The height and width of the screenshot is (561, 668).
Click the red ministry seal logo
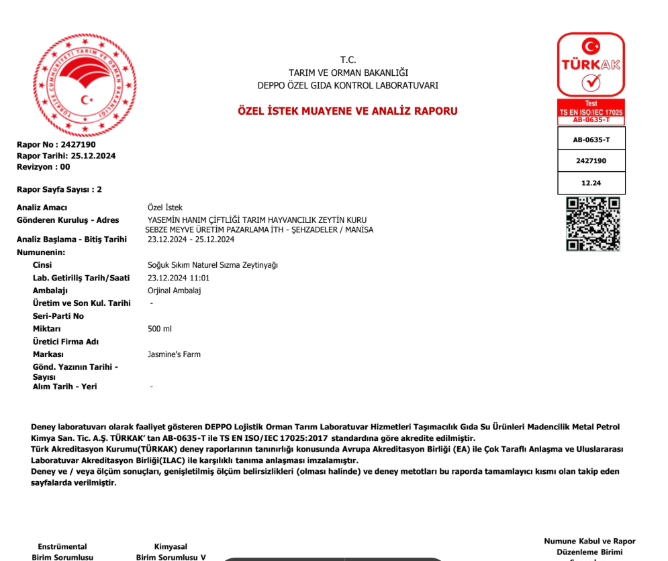85,85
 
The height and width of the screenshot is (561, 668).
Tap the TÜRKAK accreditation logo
591,65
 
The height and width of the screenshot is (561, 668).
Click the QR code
593,224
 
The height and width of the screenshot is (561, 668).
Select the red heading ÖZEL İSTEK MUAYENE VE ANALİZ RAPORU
348,111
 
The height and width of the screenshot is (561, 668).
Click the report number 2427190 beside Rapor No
78,145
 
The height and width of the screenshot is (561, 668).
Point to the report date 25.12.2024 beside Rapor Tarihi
93,156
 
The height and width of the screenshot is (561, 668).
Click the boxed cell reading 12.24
591,183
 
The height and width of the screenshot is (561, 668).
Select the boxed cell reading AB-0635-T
591,140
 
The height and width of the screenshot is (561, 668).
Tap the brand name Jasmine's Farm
174,354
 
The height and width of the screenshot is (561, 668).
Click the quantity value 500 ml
160,329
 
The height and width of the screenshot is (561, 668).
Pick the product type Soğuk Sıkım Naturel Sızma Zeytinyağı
212,265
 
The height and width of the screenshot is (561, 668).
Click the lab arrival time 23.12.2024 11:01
179,278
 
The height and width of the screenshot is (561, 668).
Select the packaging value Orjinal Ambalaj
174,291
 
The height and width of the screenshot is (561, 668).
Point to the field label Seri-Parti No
58,316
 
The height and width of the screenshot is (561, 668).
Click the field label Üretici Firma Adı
65,342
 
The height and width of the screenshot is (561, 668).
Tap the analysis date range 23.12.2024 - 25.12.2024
191,240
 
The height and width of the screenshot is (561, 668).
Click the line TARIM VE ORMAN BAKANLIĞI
348,72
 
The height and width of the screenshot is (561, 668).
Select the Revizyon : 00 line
43,167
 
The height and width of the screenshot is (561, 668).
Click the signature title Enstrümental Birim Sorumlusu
62,552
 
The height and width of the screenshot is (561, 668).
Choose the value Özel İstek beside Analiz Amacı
164,207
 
